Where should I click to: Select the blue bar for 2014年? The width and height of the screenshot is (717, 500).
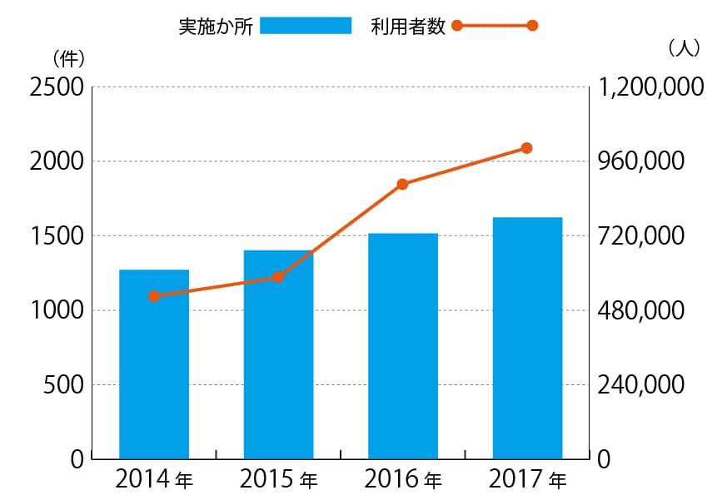click(x=154, y=364)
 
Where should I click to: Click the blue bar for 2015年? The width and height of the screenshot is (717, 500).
click(x=278, y=354)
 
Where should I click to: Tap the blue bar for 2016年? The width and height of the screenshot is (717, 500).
click(x=403, y=346)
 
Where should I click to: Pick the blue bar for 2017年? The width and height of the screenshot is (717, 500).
click(x=527, y=338)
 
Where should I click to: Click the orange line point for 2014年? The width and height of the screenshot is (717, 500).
click(x=154, y=296)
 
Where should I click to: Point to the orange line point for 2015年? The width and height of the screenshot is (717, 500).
click(x=278, y=277)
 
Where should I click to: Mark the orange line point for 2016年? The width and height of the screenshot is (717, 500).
click(x=402, y=184)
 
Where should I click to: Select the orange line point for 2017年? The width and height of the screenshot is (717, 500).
click(x=526, y=148)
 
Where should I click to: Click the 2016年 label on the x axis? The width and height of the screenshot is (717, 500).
click(x=403, y=480)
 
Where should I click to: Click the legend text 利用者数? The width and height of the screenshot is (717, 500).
click(x=409, y=26)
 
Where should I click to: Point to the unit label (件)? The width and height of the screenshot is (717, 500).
click(x=68, y=58)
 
